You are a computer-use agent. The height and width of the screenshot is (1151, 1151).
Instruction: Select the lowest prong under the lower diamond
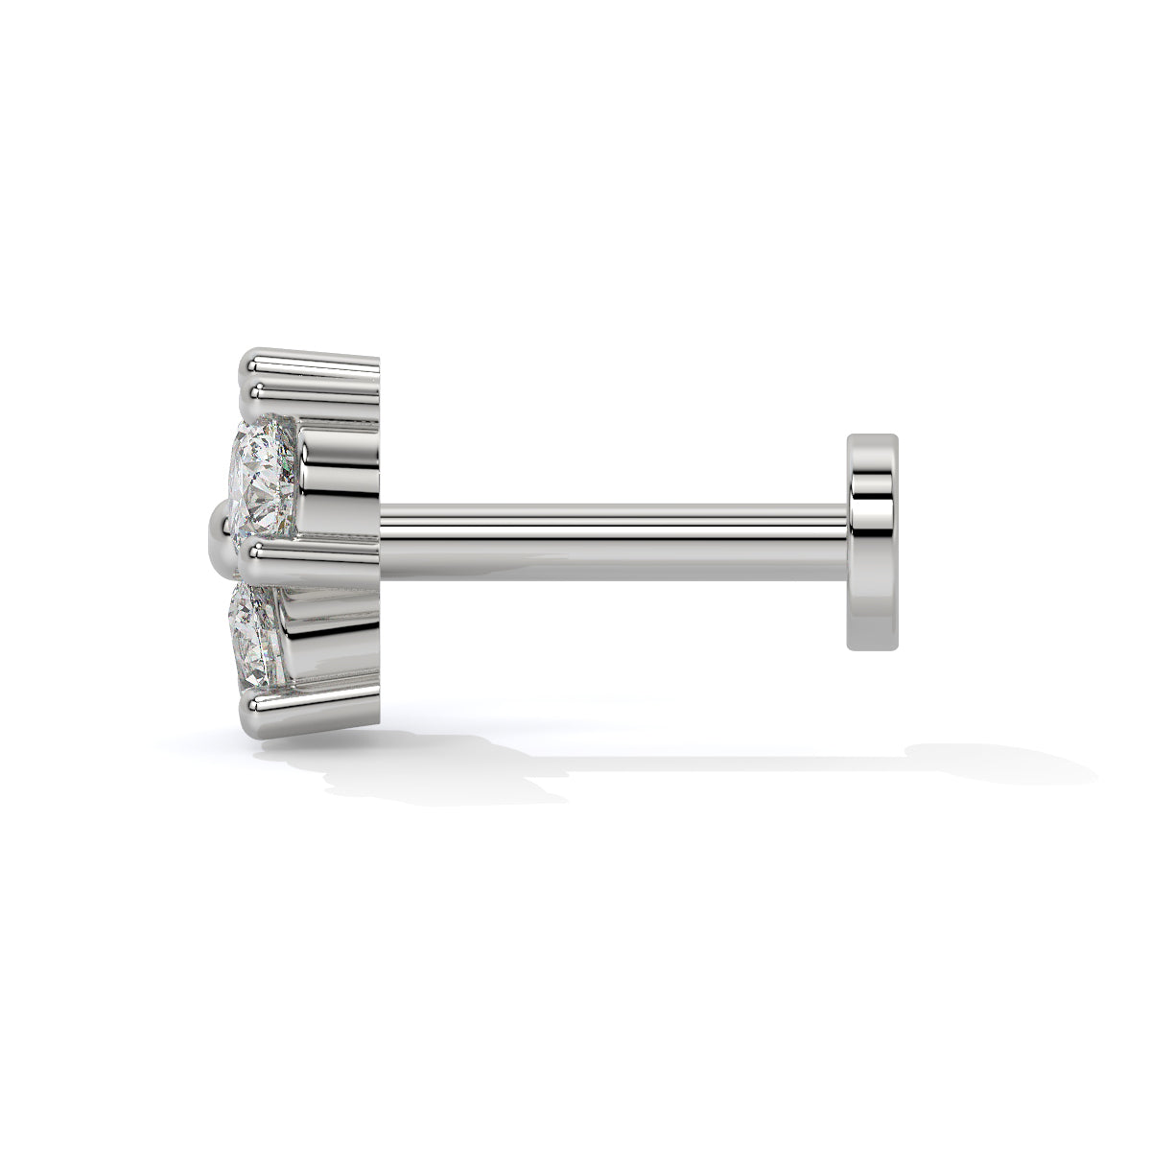click(x=307, y=708)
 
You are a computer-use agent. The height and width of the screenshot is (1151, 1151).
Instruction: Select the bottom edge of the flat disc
click(x=874, y=648)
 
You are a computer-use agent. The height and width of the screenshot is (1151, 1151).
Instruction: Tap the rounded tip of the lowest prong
click(x=246, y=710)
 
